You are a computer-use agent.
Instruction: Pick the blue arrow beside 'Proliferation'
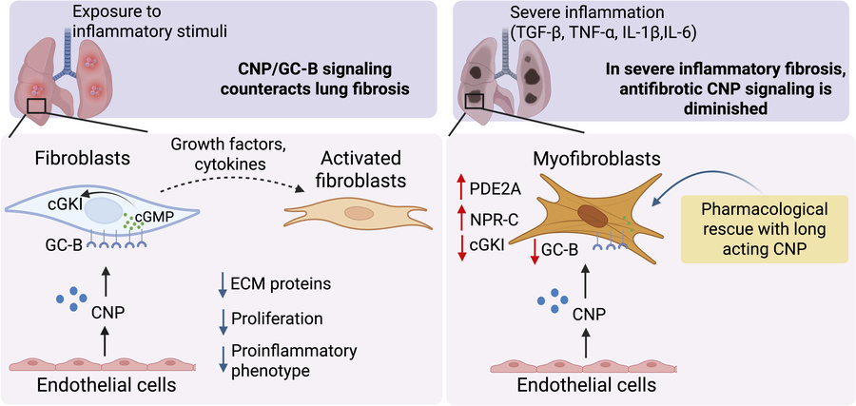point(222,319)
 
